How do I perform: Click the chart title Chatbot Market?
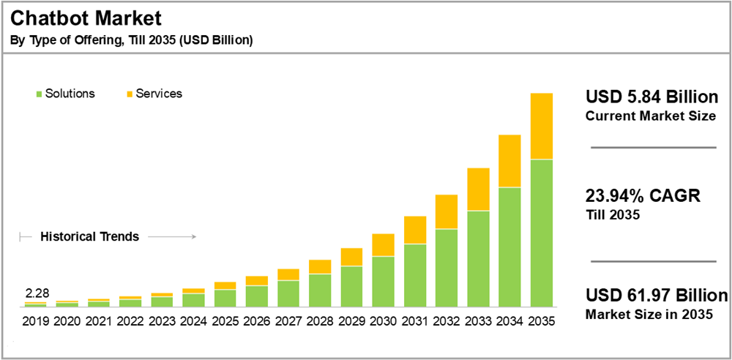[86, 18]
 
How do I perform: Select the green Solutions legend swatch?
[38, 94]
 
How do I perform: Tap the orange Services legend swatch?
[130, 94]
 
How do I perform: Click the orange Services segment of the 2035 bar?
[541, 126]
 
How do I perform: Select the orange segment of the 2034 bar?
[509, 161]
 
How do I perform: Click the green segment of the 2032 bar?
[447, 268]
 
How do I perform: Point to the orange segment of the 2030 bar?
[383, 245]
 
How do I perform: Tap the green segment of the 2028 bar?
[320, 290]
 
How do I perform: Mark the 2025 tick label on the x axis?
[225, 321]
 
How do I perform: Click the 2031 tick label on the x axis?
[414, 321]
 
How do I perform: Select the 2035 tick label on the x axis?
[541, 321]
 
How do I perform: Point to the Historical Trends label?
[89, 237]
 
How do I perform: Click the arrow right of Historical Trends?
[176, 237]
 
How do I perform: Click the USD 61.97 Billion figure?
[657, 296]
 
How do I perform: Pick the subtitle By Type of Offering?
[132, 40]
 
